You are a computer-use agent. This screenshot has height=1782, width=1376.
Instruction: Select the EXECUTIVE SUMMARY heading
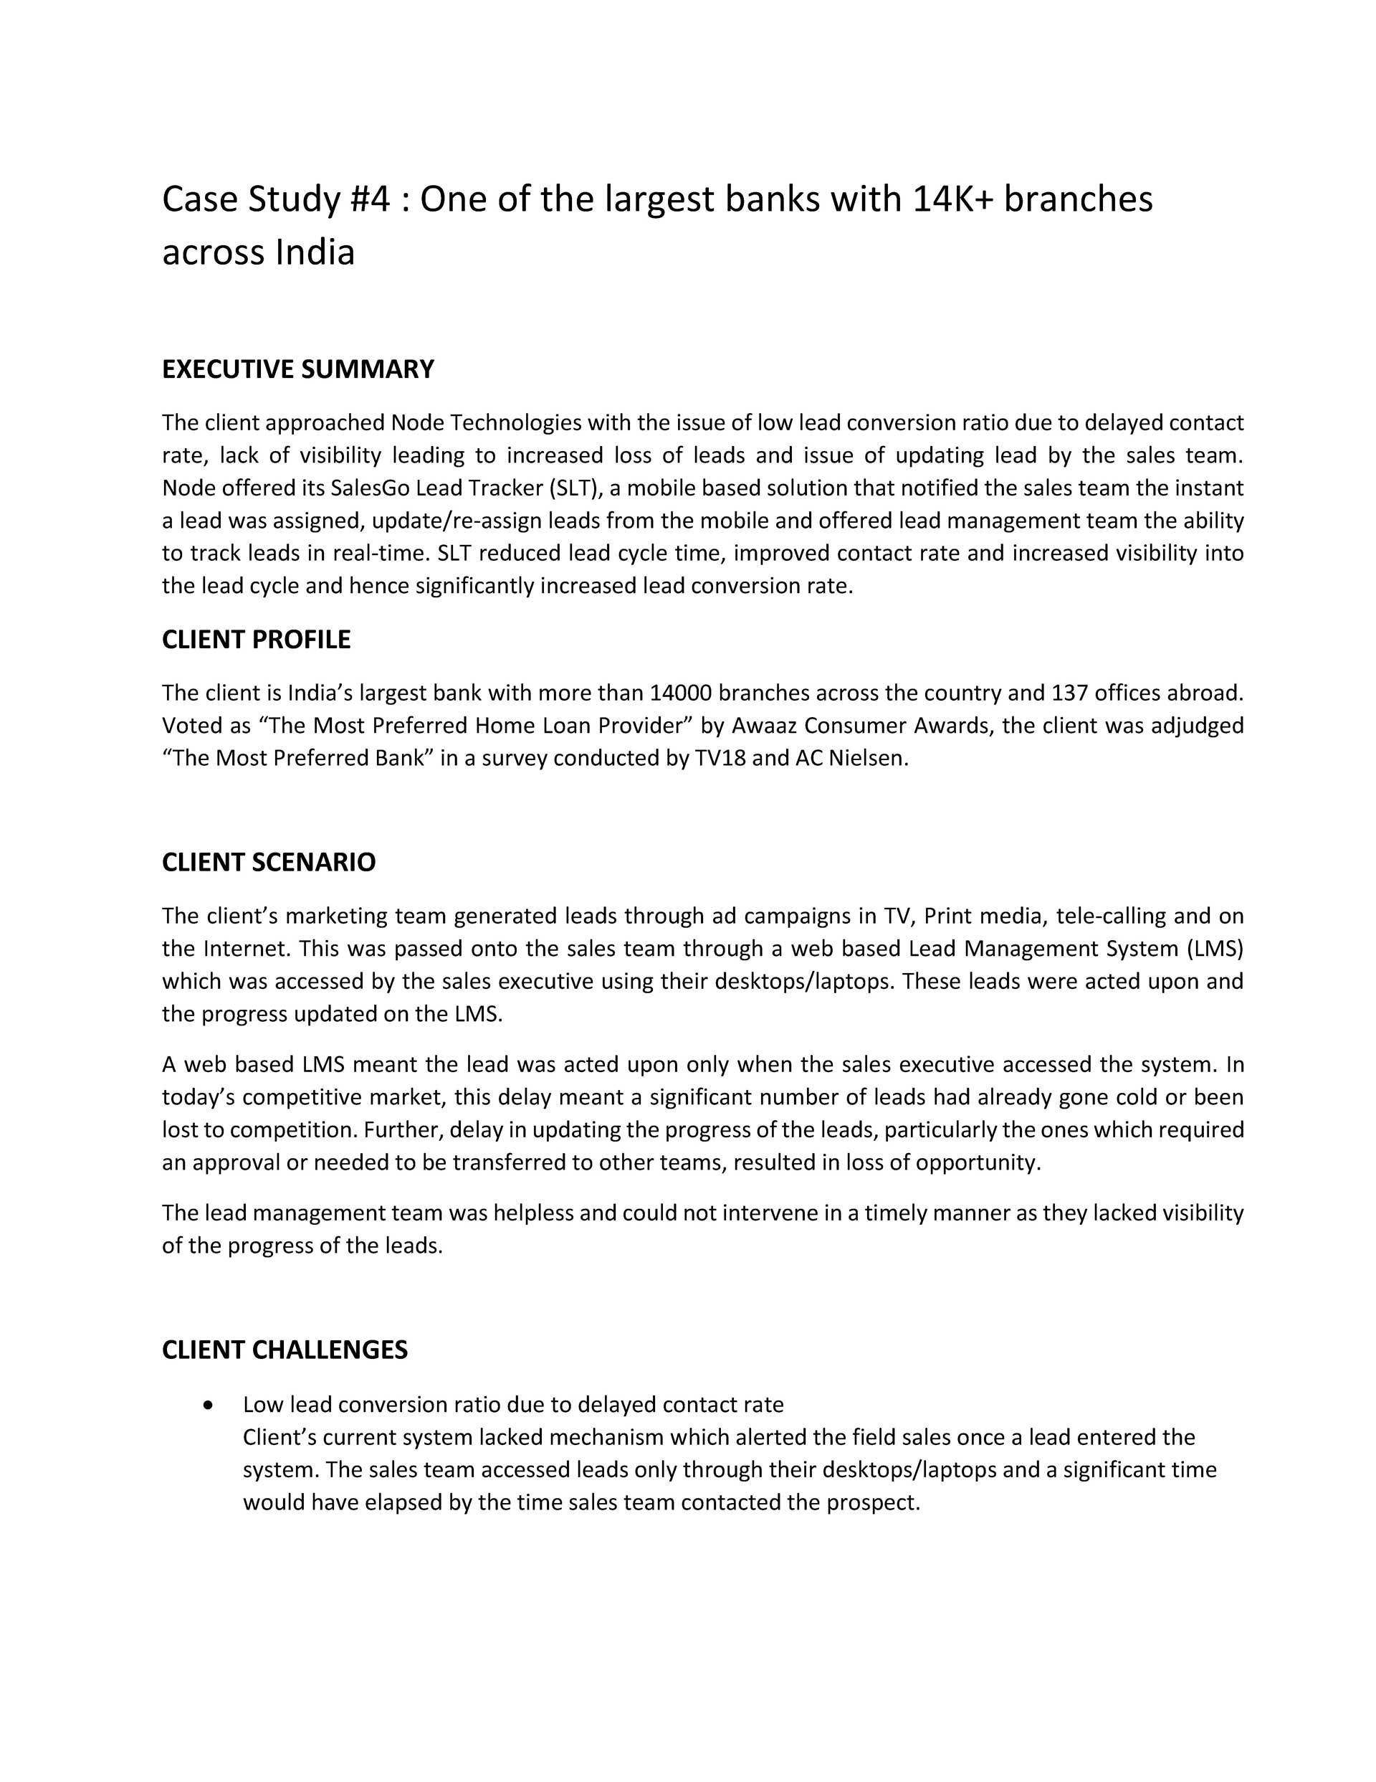[x=297, y=369]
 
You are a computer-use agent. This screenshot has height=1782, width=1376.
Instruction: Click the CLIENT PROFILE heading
[x=256, y=640]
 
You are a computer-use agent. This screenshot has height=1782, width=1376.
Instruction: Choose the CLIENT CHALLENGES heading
[x=285, y=1350]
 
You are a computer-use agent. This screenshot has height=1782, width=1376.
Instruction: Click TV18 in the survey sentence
[x=720, y=758]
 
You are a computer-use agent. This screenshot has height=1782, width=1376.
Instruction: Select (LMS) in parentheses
[x=1214, y=949]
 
